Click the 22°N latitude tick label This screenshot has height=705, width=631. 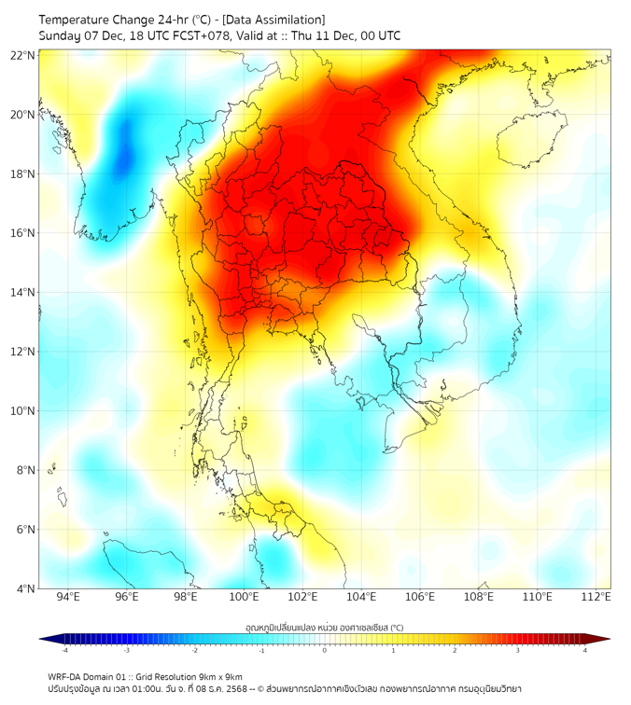23,55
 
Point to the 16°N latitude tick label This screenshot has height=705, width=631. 23,233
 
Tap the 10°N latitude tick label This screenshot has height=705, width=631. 23,411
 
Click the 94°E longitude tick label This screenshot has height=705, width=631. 68,597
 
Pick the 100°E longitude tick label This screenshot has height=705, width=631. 245,597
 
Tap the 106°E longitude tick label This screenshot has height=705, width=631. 420,597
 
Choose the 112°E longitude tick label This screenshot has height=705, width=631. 596,597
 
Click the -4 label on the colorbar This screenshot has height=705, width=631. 64,650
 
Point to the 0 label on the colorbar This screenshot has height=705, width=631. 325,650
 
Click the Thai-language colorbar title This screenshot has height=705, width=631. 324,627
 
